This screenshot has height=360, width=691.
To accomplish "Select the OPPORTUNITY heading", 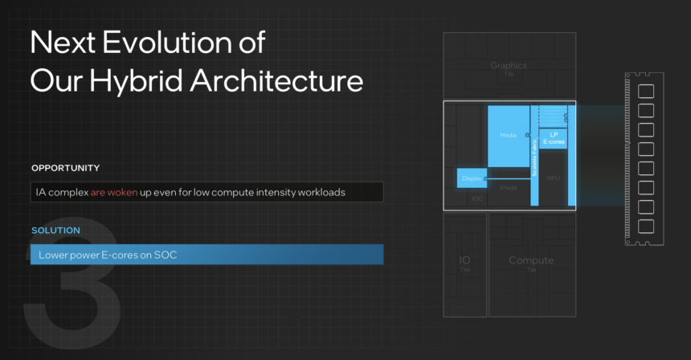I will (x=66, y=168).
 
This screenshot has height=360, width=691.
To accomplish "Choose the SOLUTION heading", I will (x=55, y=231).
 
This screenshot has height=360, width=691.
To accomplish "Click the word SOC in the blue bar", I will (x=166, y=256).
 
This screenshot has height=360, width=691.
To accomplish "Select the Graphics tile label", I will (x=509, y=66).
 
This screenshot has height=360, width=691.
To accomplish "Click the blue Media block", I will (x=508, y=136).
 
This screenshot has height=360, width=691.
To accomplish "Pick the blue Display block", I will (x=472, y=178).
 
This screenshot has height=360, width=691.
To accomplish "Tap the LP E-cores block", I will (x=554, y=138).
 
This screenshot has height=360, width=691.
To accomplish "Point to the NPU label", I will (x=554, y=177).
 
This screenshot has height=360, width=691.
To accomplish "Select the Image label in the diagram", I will (x=508, y=187).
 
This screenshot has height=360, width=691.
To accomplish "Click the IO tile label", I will (x=464, y=261).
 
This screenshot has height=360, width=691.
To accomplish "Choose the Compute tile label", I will (x=531, y=261).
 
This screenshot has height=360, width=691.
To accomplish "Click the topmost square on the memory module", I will (x=645, y=92).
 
